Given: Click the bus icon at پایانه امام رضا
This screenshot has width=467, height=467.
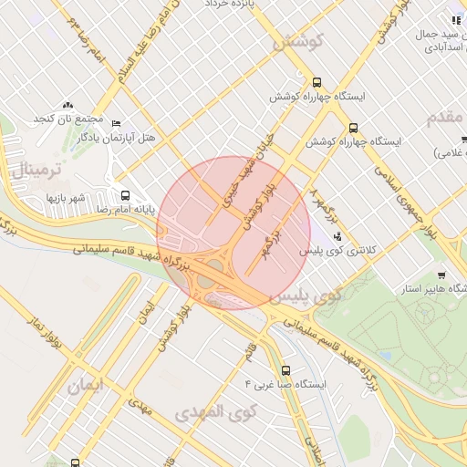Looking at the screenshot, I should pos(125,194).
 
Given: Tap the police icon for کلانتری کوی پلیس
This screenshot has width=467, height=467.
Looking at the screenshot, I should pos(337,237).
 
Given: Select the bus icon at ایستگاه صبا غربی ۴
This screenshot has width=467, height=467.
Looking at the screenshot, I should pos(286,370).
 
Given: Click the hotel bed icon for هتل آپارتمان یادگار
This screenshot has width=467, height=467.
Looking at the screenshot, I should pos(115,123).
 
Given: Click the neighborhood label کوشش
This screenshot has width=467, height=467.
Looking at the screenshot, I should pos(299,43).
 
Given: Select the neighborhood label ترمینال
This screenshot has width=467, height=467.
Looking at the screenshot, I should pos(36,170).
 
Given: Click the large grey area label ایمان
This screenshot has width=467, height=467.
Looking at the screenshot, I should pos(86,385).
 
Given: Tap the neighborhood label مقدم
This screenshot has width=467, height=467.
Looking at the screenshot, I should pos(446,117).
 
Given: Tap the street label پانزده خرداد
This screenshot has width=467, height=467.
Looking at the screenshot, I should pos(227,5).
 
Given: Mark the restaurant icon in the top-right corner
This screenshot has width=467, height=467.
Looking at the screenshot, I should pos(454,20).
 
